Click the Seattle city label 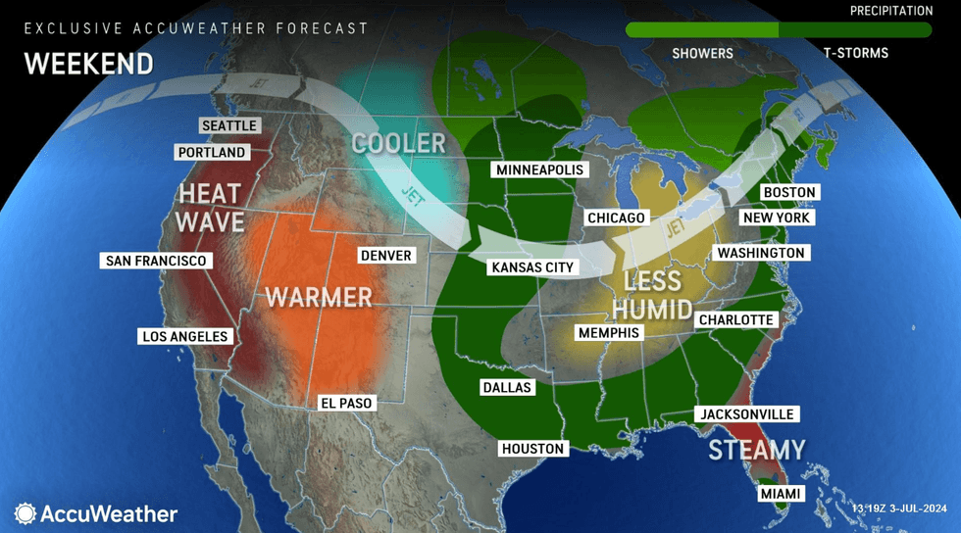pos(228,125)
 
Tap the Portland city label pos(211,153)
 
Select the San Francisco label pos(156,261)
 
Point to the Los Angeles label pos(185,336)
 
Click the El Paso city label pos(347,403)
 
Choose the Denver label pos(386,255)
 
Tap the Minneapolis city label pos(539,170)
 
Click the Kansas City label pos(532,266)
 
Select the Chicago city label pos(616,218)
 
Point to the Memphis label pos(608,332)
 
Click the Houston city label pos(532,449)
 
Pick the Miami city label pos(781,494)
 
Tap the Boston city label pos(789,192)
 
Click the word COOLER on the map pos(398,143)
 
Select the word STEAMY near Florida pos(756,450)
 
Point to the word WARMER pos(319,296)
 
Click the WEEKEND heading pos(88,64)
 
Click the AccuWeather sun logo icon pos(25,513)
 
